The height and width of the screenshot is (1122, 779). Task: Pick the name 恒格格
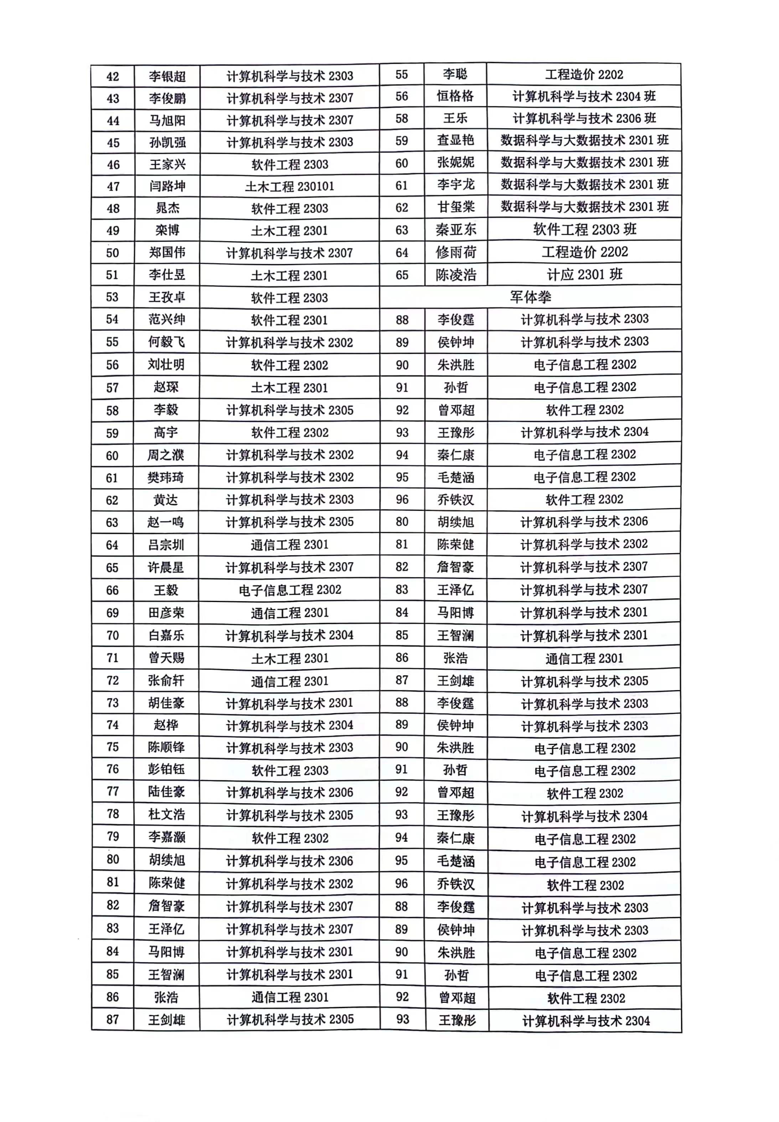(455, 96)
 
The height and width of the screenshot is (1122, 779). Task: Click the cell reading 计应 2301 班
(584, 274)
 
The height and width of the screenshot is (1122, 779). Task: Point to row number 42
(113, 77)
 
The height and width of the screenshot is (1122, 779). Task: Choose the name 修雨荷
(456, 252)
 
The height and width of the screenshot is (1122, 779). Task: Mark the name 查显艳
(455, 140)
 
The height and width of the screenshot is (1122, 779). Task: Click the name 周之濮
(166, 456)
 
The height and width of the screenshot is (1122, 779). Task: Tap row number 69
(113, 613)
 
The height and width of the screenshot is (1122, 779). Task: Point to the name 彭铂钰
(166, 770)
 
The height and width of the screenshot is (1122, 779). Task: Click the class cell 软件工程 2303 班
(584, 230)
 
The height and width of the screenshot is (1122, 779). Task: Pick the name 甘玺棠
(456, 207)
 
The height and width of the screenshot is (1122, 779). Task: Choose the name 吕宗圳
(166, 545)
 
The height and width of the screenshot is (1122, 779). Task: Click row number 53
(112, 297)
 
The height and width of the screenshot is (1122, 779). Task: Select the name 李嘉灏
(166, 838)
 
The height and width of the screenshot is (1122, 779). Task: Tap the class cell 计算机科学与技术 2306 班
(584, 118)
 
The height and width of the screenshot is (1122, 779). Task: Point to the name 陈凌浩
(456, 275)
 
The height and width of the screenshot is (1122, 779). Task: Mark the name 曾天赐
(166, 658)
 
